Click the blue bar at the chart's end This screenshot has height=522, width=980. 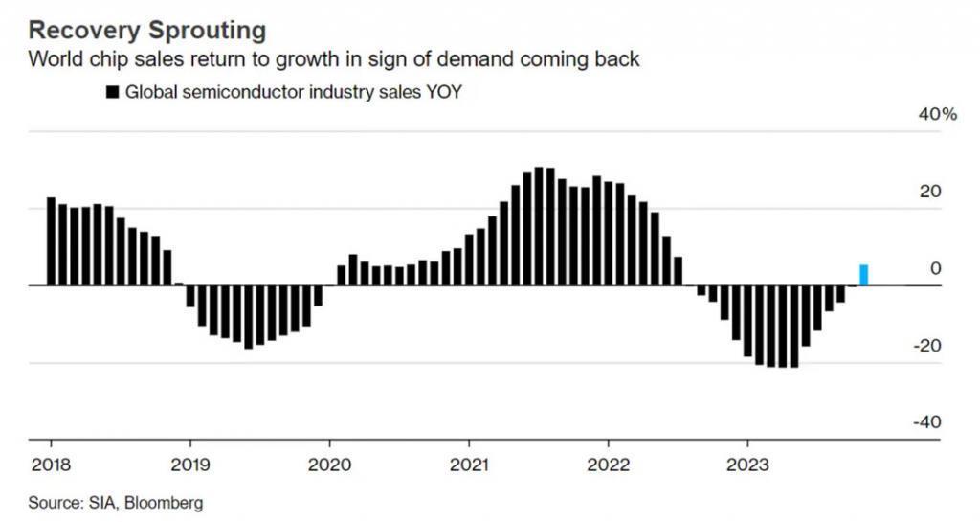[x=864, y=275]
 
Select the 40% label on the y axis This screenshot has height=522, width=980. [x=937, y=114]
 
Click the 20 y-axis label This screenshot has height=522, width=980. [x=931, y=192]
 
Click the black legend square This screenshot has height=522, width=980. [x=112, y=93]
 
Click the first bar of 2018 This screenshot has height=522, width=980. [x=51, y=241]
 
